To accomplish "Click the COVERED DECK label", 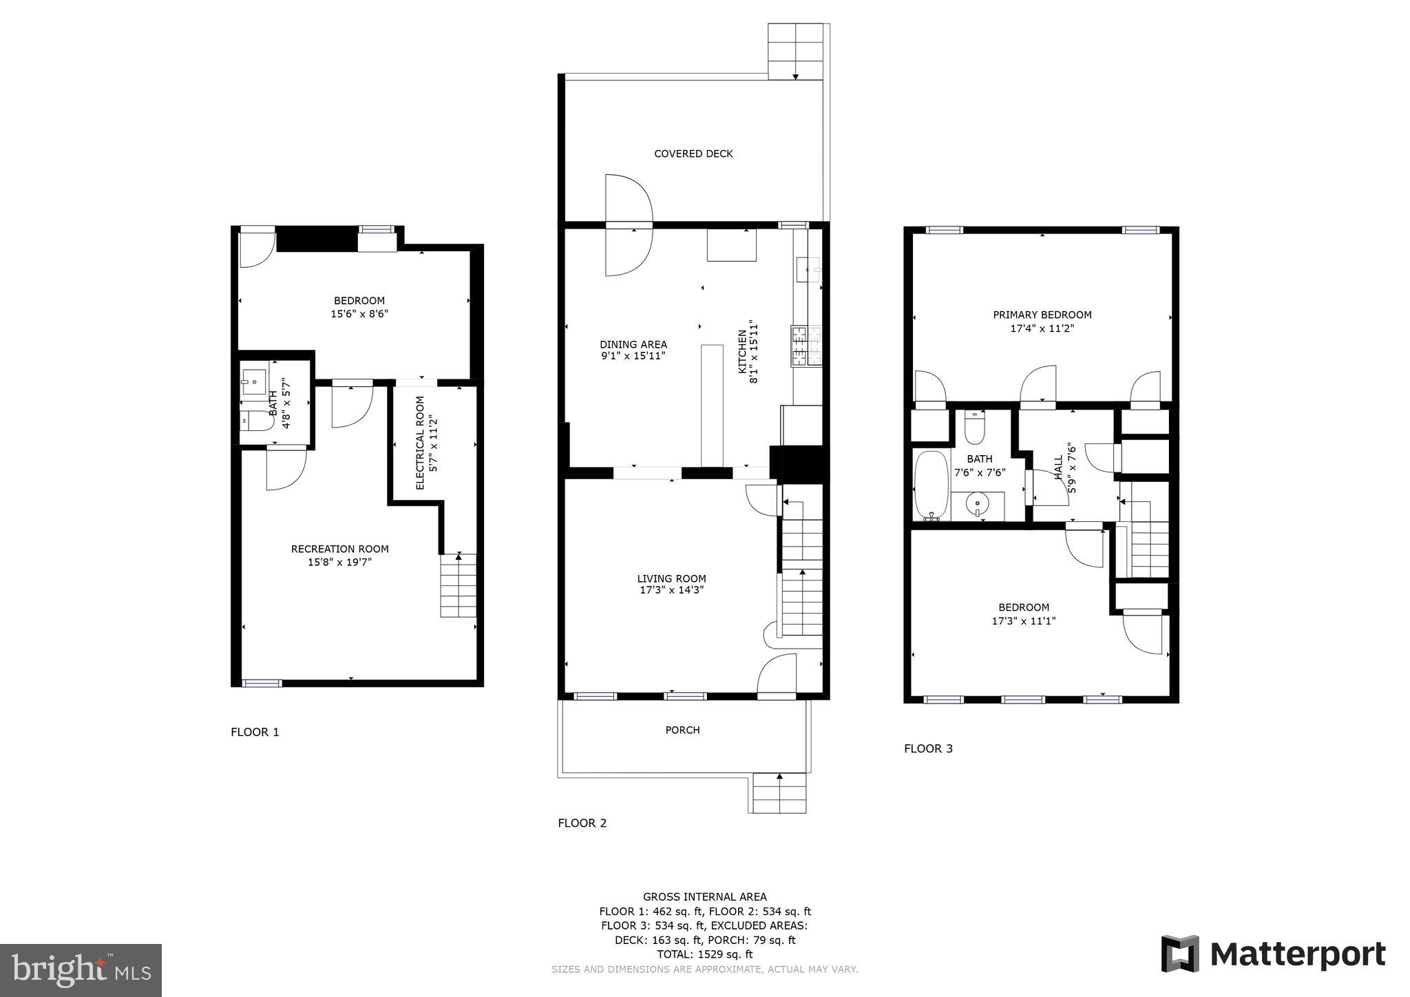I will click(x=693, y=154).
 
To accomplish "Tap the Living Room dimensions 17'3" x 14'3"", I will click(x=671, y=590).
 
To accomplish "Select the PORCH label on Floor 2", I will click(x=682, y=730).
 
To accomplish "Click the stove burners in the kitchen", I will click(x=807, y=346).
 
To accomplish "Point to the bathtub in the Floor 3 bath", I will click(x=931, y=485).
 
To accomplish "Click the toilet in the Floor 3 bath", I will click(x=974, y=428).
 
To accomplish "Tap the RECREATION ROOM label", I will click(x=339, y=549).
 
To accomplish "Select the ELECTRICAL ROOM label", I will click(x=420, y=443).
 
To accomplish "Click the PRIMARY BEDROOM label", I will click(x=1042, y=315).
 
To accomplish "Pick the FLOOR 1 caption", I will click(x=255, y=732).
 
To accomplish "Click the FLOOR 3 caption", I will click(x=928, y=748).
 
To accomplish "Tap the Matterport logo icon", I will click(x=1180, y=954).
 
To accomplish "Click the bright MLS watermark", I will click(x=81, y=970).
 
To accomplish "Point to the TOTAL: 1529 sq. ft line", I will click(x=704, y=954).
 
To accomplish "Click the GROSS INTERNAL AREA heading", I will click(x=704, y=896).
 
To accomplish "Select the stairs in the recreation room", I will click(x=458, y=585).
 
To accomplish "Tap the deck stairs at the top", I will click(x=795, y=52).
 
